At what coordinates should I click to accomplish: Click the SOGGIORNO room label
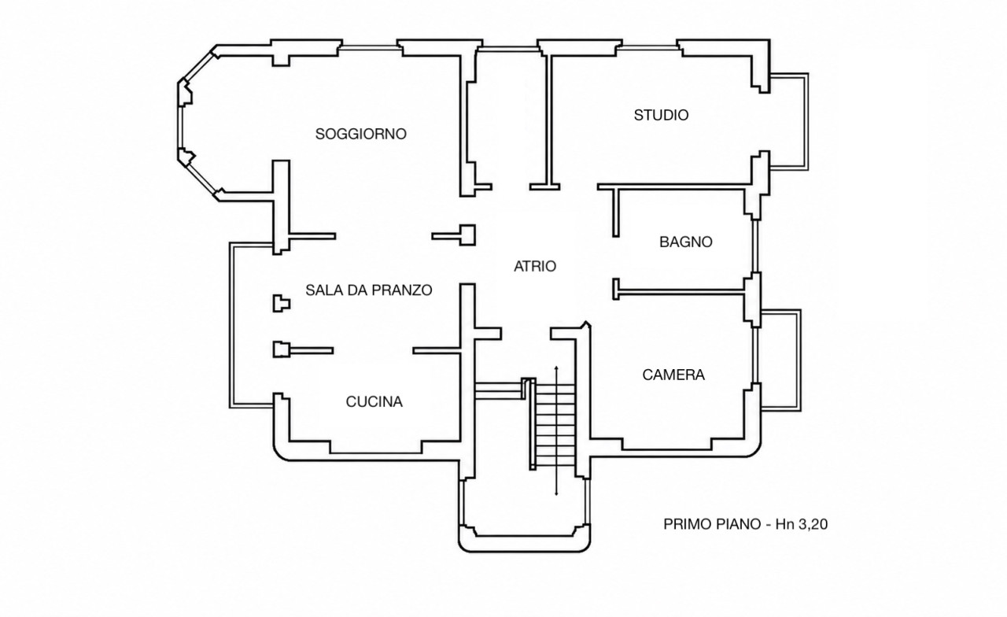tap(360, 134)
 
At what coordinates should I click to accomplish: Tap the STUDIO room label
tap(661, 115)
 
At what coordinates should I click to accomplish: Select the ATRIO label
tap(535, 266)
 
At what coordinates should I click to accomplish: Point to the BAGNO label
tap(685, 242)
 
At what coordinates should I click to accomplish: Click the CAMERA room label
tap(673, 375)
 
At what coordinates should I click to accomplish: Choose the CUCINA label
tap(374, 401)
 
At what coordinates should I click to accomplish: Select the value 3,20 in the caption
tap(813, 524)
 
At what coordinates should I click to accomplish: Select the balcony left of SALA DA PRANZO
tap(231, 325)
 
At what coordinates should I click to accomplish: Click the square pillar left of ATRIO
tap(467, 235)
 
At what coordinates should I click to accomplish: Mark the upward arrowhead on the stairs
tap(556, 368)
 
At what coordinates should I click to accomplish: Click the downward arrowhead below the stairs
tap(556, 493)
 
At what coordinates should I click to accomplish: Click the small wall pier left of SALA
tap(282, 304)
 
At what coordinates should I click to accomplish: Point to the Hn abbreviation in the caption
tap(785, 524)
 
